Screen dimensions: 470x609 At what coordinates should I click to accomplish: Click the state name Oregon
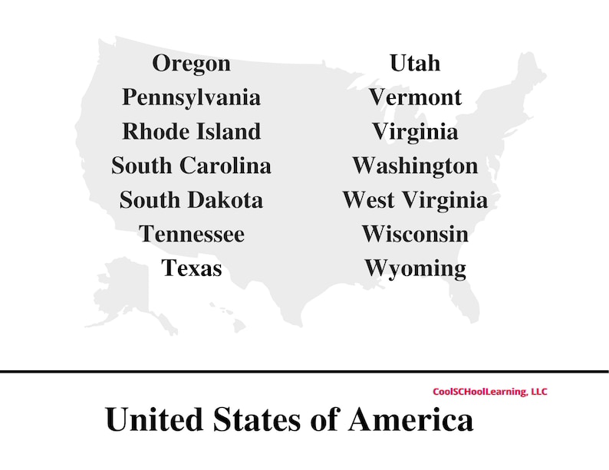tap(191, 63)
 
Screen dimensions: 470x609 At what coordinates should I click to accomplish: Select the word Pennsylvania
tap(191, 97)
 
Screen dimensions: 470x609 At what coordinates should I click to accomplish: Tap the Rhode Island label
tap(191, 131)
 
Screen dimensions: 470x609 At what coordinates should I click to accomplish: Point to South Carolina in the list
tap(191, 166)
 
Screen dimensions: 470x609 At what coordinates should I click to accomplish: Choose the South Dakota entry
tap(191, 200)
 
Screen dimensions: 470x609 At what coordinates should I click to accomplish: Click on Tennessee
tap(191, 234)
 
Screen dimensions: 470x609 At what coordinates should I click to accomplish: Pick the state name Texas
tap(191, 268)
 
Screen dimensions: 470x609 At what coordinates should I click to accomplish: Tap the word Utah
tap(415, 63)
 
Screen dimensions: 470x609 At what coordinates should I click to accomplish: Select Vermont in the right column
tap(415, 97)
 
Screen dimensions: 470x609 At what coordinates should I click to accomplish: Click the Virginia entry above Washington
tap(415, 131)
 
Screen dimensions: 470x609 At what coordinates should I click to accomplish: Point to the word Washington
tap(415, 166)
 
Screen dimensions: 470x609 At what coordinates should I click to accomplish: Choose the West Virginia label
tap(415, 200)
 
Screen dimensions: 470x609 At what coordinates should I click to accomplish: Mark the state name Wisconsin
tap(415, 234)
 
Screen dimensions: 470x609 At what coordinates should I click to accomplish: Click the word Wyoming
tap(415, 268)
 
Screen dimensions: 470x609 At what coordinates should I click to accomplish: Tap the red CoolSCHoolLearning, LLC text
tap(490, 392)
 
